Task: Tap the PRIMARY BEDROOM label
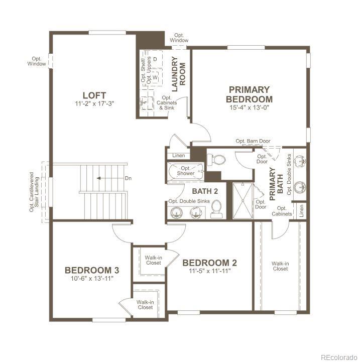[249, 94]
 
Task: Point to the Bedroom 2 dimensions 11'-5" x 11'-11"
[209, 271]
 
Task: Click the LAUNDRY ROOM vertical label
[179, 71]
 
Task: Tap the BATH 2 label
[205, 191]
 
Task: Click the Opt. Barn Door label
[253, 141]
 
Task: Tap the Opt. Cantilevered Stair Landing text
[35, 191]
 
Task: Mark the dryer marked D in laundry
[155, 60]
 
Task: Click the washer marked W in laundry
[155, 77]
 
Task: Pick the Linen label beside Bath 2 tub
[178, 156]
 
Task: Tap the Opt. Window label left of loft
[36, 61]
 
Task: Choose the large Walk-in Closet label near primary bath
[280, 266]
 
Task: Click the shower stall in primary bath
[243, 201]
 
